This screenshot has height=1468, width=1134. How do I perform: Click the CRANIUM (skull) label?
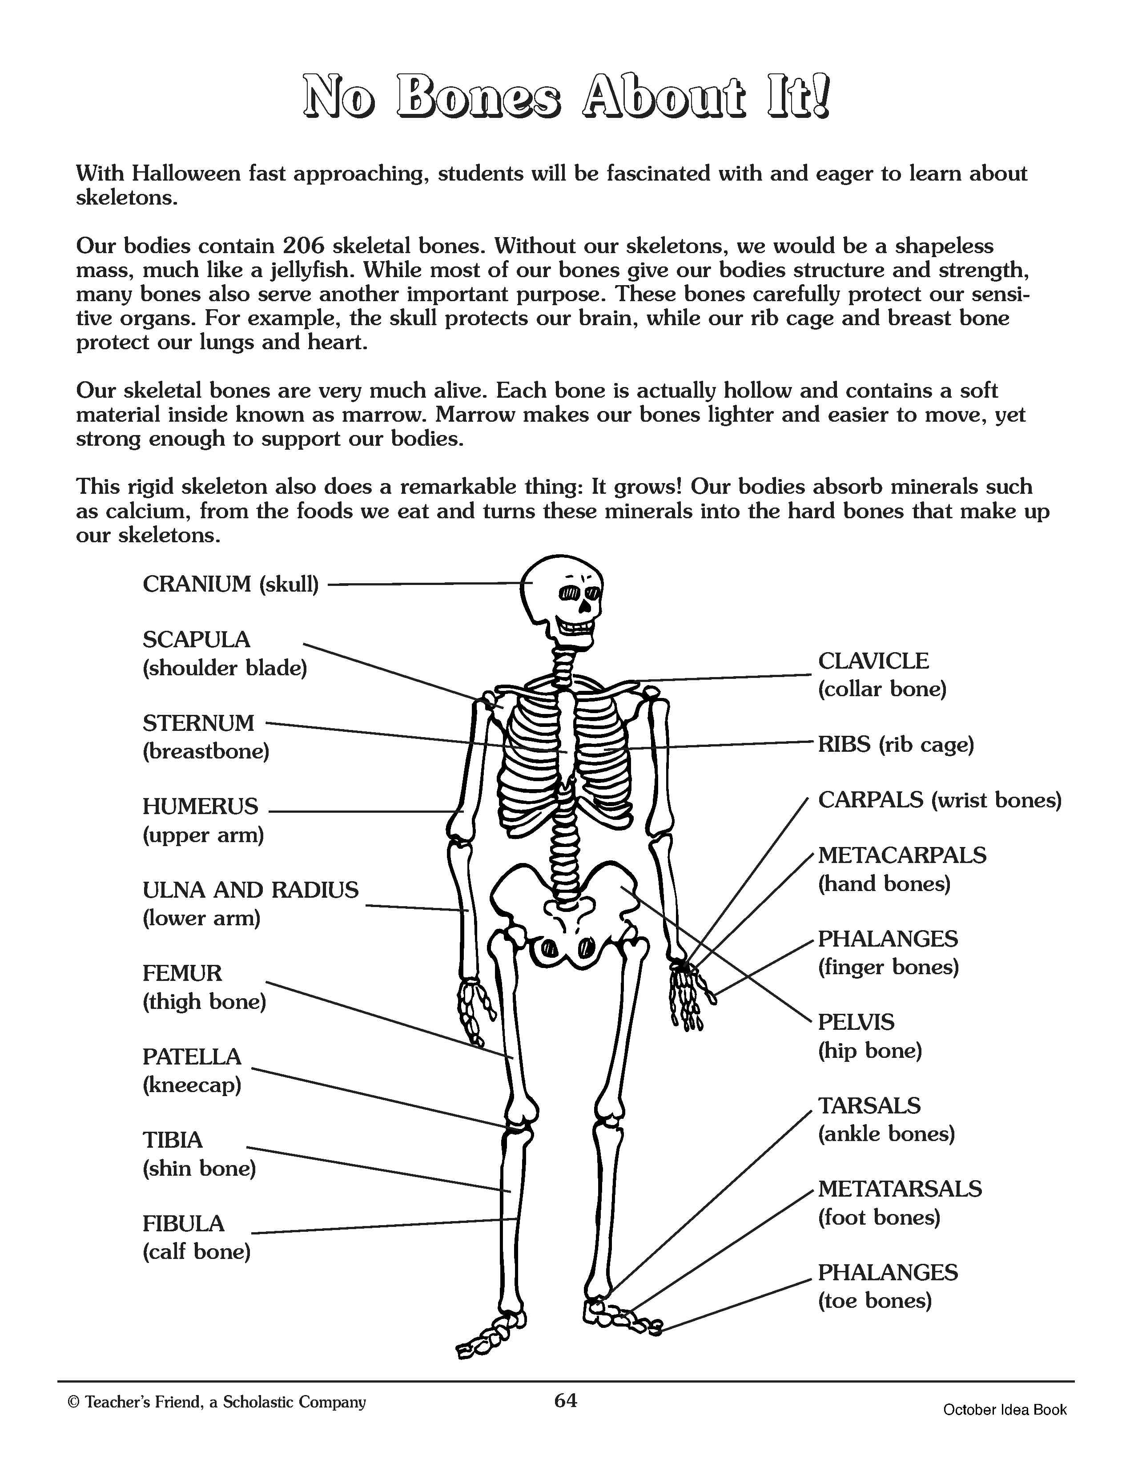(230, 584)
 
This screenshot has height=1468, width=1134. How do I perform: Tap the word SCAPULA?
(196, 639)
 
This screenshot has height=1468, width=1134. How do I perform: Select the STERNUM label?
(198, 723)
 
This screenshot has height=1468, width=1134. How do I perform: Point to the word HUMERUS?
(200, 807)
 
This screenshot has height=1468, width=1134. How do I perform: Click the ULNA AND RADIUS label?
(250, 890)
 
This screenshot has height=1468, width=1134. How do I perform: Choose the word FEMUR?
(181, 973)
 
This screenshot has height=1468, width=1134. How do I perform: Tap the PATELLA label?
(192, 1057)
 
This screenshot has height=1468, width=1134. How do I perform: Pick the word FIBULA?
(183, 1223)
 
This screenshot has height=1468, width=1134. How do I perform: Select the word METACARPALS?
(901, 855)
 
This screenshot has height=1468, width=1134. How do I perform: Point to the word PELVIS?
(856, 1022)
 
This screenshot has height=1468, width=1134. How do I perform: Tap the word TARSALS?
(869, 1106)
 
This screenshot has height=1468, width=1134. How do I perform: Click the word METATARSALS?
(900, 1189)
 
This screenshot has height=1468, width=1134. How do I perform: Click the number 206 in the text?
(304, 246)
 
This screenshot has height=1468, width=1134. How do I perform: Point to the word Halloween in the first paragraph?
(185, 173)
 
